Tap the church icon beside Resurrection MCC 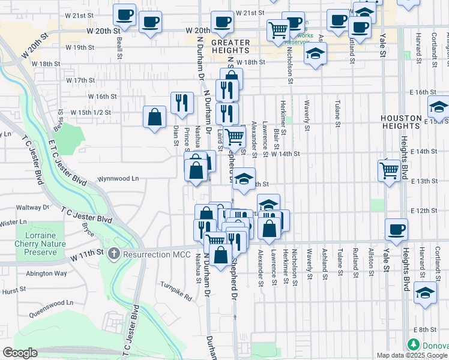point(114,254)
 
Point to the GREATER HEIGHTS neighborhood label point(231,46)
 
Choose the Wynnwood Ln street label point(118,178)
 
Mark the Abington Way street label point(47,273)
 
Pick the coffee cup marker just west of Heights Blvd point(396,229)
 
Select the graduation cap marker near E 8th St point(425,293)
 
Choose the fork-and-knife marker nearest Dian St point(181,102)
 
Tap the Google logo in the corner point(20,353)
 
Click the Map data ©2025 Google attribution point(412,355)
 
